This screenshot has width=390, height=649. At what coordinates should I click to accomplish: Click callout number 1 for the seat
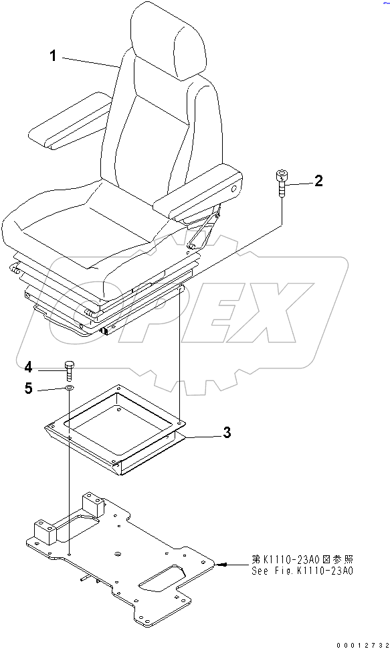[54, 56]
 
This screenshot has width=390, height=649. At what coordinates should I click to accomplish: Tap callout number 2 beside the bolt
[318, 179]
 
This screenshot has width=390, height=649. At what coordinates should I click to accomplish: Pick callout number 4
[28, 366]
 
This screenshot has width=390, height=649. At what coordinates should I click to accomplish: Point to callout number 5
[28, 388]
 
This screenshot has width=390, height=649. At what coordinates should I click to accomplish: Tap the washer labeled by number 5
[69, 388]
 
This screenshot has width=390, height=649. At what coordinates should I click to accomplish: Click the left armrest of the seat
[70, 124]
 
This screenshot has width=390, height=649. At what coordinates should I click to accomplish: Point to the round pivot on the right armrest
[234, 190]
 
